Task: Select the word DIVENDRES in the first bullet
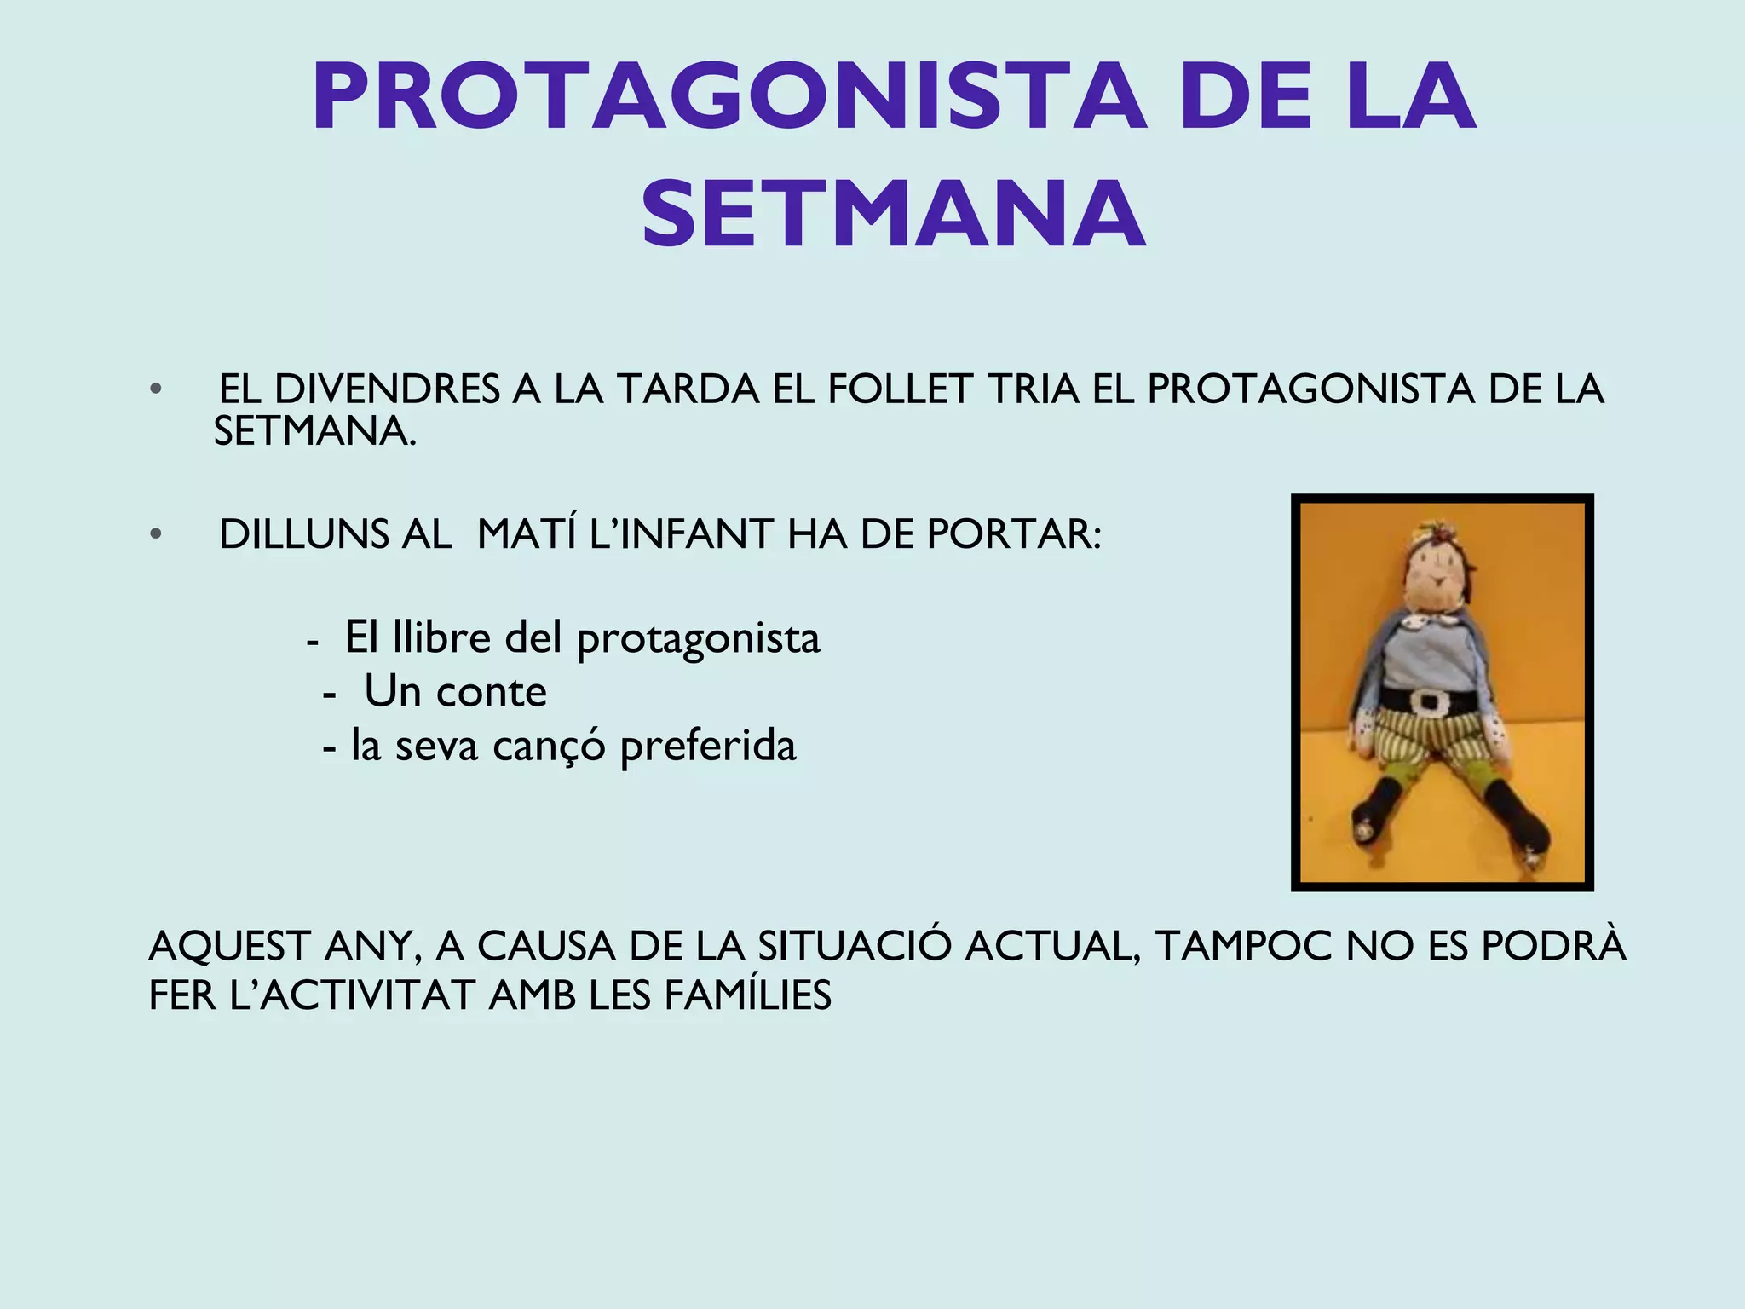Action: point(387,389)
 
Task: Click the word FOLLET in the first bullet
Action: point(900,389)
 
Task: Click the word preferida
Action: point(707,747)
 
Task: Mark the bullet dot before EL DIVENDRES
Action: point(155,389)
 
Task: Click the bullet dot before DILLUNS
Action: point(155,534)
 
